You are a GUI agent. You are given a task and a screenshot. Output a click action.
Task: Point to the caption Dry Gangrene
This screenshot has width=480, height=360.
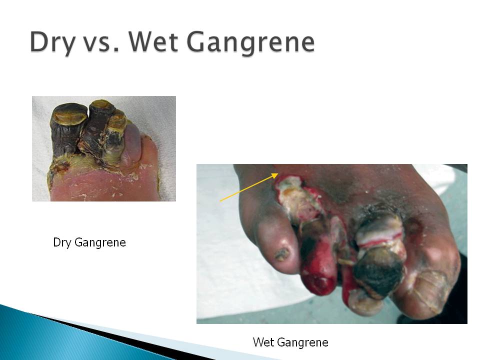click(x=89, y=242)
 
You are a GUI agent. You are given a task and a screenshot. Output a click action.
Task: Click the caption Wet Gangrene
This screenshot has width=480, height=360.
click(x=290, y=342)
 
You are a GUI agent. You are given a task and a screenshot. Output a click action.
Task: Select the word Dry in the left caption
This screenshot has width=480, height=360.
click(x=62, y=242)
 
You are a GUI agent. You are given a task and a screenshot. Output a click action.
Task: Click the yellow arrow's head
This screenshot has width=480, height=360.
click(x=274, y=175)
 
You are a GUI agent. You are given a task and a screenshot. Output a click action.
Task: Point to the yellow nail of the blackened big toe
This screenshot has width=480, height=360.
click(x=70, y=115)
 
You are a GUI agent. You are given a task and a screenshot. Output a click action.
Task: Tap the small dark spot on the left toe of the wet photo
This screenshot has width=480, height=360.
click(x=282, y=254)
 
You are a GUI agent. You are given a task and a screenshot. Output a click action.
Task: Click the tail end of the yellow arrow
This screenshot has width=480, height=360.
click(x=220, y=201)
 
